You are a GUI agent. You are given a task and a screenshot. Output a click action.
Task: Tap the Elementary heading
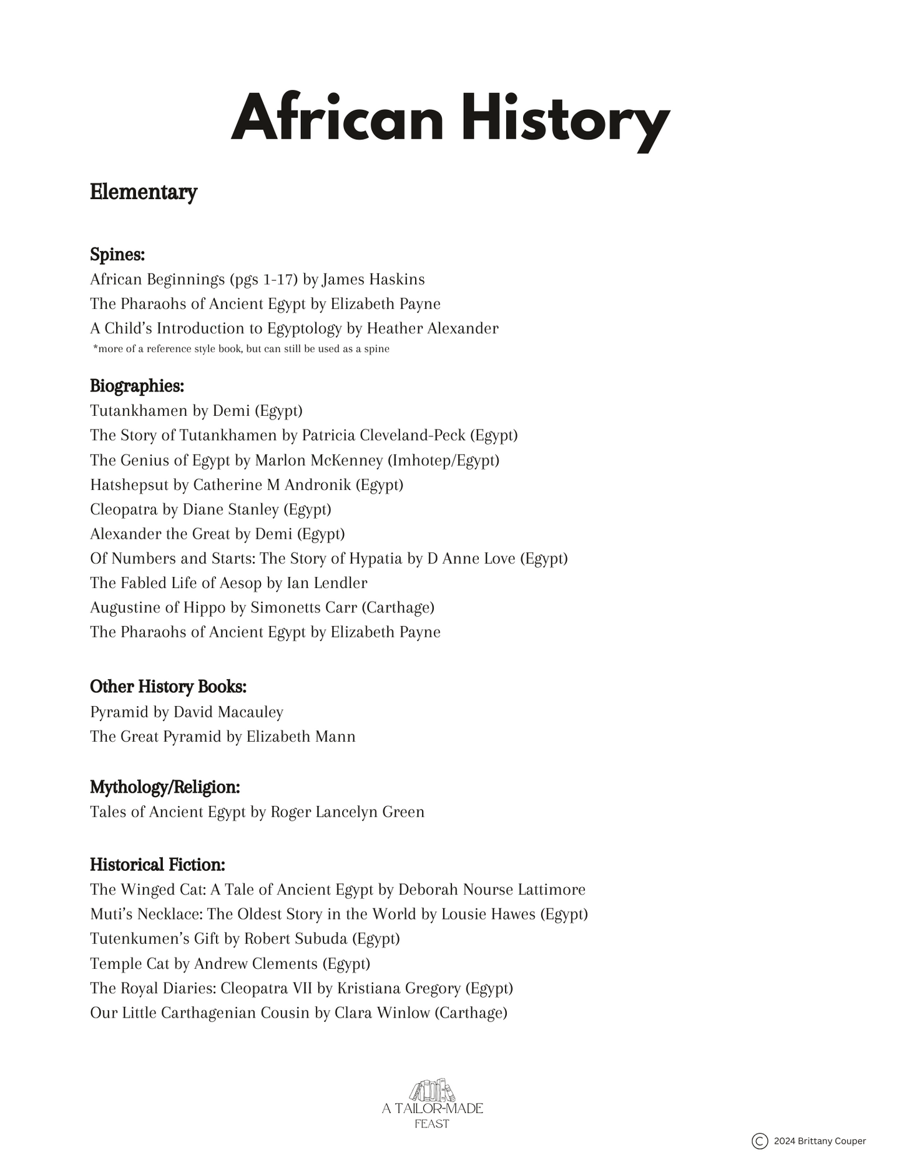144,192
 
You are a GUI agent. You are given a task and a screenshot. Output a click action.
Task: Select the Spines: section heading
117,255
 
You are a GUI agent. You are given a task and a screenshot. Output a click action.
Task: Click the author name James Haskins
373,279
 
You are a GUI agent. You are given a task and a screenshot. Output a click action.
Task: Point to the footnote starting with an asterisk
241,349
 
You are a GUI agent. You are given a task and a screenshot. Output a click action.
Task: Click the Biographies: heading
137,386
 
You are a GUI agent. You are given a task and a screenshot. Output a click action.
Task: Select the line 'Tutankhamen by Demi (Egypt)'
196,411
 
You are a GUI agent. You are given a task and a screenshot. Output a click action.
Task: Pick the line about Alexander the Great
217,534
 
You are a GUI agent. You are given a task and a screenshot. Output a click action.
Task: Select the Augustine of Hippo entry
262,607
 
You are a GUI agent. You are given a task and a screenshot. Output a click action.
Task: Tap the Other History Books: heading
168,687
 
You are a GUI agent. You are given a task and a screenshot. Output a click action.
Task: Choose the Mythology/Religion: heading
165,787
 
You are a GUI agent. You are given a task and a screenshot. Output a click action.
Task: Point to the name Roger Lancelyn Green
347,812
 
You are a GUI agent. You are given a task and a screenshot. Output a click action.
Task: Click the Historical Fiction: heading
157,865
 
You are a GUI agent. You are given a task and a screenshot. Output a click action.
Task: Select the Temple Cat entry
230,964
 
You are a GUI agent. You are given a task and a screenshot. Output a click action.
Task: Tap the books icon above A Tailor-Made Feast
432,1091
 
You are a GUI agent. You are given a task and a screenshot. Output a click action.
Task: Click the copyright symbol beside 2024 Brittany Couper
760,1141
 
